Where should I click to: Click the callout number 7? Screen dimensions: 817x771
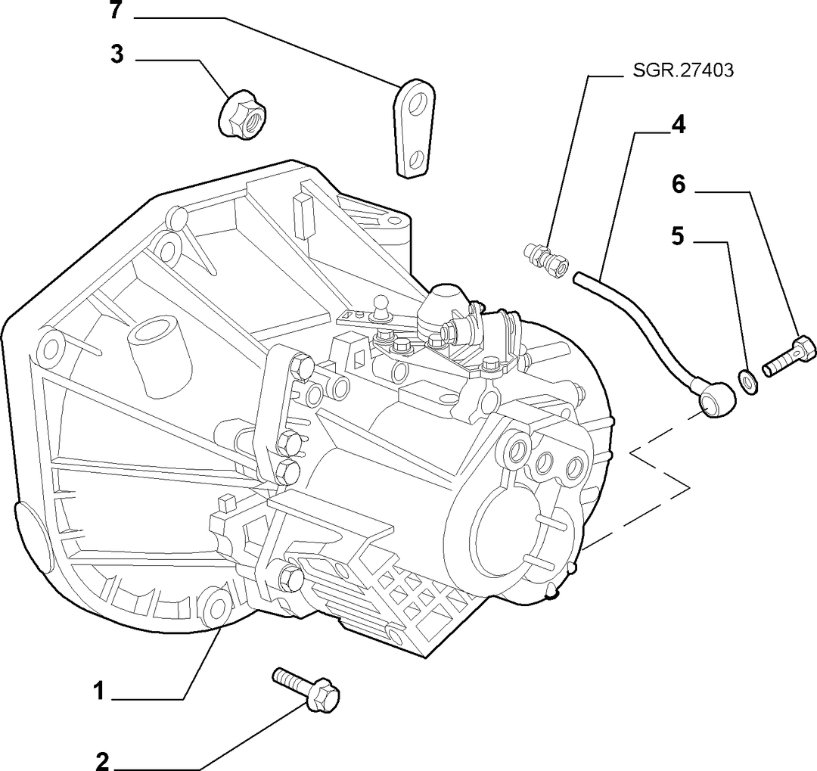click(x=116, y=10)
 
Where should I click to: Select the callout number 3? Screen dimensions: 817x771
click(x=117, y=54)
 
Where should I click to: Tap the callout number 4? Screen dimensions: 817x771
click(x=679, y=125)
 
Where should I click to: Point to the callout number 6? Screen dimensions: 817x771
click(x=679, y=184)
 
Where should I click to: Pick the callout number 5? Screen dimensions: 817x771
click(x=677, y=236)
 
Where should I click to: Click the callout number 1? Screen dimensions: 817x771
click(x=99, y=692)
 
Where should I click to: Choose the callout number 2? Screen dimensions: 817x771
click(x=103, y=761)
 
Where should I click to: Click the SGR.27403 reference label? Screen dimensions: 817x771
click(x=683, y=70)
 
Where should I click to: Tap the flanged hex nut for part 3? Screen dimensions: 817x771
click(x=243, y=115)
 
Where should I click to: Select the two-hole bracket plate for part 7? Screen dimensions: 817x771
click(x=416, y=129)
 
